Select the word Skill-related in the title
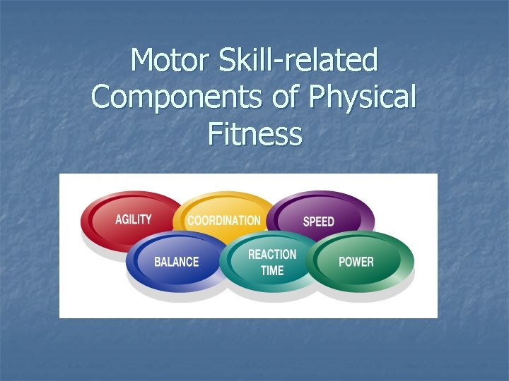point(300,61)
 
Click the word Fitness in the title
point(255,134)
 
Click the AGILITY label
point(134,219)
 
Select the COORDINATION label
point(223,221)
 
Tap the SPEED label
point(318,222)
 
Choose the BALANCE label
point(177,262)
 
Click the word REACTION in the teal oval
point(272,255)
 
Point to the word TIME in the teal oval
point(272,270)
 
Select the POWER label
point(356,262)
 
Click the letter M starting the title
point(144,61)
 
